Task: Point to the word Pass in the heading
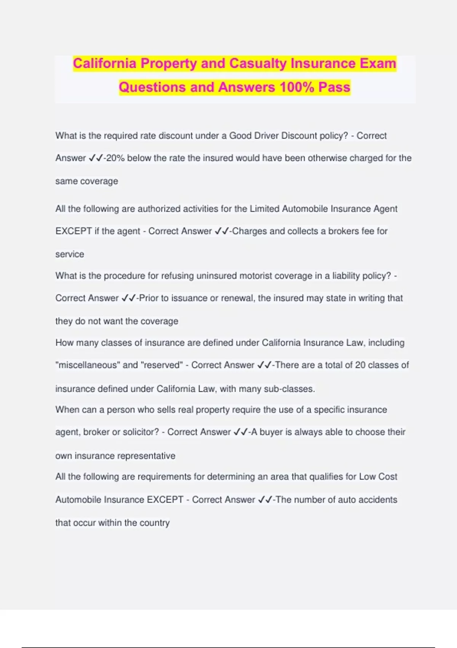(334, 87)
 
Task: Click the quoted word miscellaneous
(88, 365)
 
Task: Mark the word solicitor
(140, 432)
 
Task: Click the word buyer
(272, 432)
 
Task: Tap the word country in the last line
(155, 523)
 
